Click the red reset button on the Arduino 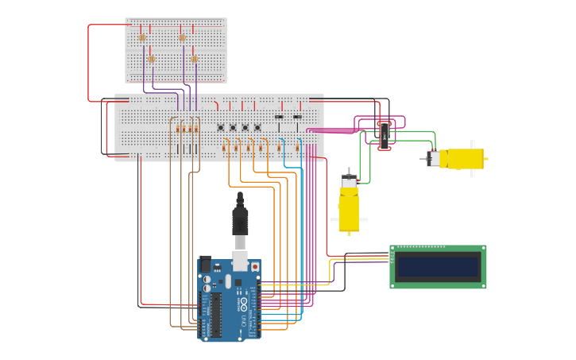(255, 267)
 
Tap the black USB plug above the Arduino (240, 219)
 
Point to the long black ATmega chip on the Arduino (215, 315)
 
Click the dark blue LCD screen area (438, 266)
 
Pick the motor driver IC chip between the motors (385, 135)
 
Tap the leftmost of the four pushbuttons (220, 128)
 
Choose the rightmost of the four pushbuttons (257, 128)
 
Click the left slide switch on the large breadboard (279, 118)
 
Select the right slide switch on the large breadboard (297, 118)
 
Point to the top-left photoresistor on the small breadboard (143, 37)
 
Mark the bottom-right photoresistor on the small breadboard (195, 59)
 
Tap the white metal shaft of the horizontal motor (424, 158)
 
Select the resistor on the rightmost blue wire (297, 147)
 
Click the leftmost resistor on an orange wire (224, 148)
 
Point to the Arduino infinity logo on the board (243, 304)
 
